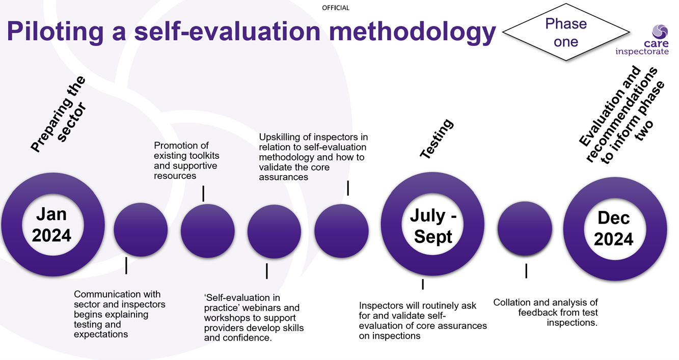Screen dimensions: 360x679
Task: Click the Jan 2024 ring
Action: click(x=53, y=225)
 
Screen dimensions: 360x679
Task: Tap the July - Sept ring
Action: click(x=433, y=226)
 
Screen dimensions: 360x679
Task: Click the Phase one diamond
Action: click(x=565, y=32)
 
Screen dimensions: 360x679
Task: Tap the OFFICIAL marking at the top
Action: click(x=336, y=8)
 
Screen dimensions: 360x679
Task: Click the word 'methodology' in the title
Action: click(x=412, y=31)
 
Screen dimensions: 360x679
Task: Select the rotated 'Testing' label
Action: click(x=436, y=139)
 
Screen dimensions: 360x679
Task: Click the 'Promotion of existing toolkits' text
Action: click(x=186, y=160)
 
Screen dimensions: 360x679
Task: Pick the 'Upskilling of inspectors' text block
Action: click(x=313, y=157)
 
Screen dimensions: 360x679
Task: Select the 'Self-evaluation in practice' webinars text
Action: click(x=254, y=317)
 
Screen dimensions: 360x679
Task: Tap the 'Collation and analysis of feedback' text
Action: click(x=546, y=313)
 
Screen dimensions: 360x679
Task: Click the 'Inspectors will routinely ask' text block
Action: click(x=423, y=320)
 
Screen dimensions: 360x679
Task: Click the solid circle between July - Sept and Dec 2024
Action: click(x=525, y=229)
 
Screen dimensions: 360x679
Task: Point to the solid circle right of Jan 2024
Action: click(x=141, y=230)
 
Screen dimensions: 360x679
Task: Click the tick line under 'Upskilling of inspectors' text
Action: click(x=348, y=188)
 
